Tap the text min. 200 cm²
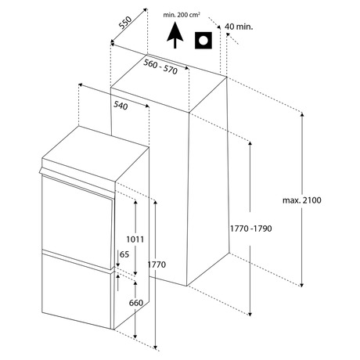182,15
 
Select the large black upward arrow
175,35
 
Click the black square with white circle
203,41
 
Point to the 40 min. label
239,27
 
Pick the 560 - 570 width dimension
160,67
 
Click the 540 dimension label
121,106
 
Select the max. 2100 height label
302,200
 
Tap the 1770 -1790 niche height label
250,229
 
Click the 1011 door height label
135,239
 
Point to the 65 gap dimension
124,254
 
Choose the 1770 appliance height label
157,265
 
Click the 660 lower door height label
136,303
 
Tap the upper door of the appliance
77,221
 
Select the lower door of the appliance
77,289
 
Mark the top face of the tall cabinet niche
168,83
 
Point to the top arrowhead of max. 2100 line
302,115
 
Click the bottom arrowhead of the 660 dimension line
135,337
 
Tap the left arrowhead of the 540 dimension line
81,85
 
